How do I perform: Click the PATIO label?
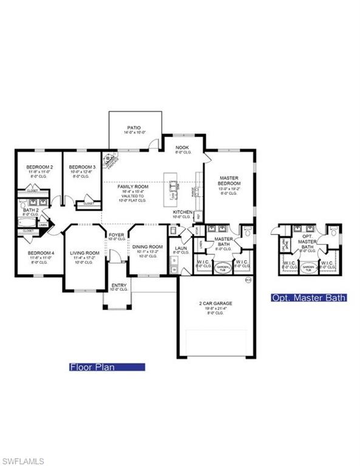[134, 128]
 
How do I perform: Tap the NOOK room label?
[182, 147]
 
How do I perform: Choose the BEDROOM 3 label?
[82, 167]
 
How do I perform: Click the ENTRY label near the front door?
[119, 285]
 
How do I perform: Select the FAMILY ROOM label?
[131, 187]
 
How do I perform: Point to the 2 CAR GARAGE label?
[216, 303]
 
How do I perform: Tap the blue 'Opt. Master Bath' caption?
[308, 298]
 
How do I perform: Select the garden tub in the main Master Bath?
[224, 268]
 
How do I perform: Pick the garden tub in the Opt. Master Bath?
[309, 268]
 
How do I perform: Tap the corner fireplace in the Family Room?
[110, 159]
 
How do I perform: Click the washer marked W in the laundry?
[174, 271]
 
